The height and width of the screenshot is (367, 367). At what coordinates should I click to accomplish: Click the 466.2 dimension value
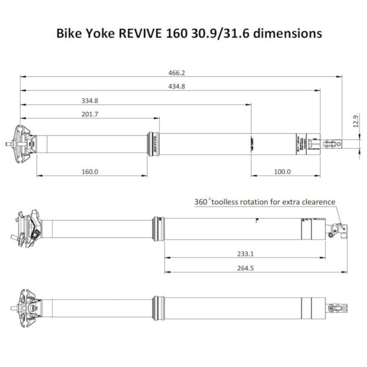(177, 73)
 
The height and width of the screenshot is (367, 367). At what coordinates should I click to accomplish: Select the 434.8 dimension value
(177, 87)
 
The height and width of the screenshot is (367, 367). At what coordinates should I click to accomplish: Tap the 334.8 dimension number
(90, 100)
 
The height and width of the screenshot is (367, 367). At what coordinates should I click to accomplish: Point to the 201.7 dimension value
(90, 114)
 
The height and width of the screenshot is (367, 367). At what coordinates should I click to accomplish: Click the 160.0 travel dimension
(90, 172)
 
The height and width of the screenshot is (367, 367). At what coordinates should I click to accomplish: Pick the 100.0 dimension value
(282, 172)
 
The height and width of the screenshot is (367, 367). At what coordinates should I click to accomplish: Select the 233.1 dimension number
(246, 254)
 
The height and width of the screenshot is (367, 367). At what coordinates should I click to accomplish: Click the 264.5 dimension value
(246, 268)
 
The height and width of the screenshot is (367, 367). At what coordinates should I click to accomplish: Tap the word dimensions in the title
(288, 33)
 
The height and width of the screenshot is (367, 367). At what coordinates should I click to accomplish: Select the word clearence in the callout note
(317, 202)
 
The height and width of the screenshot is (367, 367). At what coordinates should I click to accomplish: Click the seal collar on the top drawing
(153, 144)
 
